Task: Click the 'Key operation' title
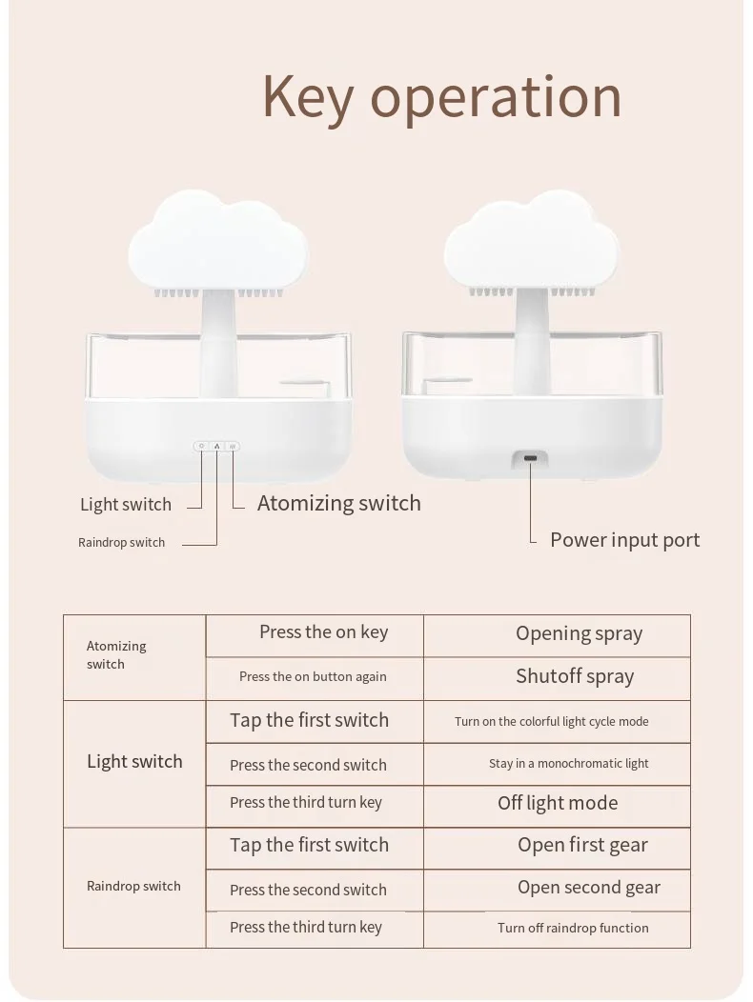(x=441, y=98)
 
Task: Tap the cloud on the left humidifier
(x=218, y=242)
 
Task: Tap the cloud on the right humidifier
(x=532, y=242)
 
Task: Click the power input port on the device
(x=530, y=458)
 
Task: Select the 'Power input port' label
(x=624, y=540)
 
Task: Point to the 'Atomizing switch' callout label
(x=338, y=504)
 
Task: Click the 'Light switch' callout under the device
(x=126, y=505)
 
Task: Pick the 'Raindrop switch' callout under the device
(x=121, y=543)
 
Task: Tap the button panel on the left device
(x=216, y=446)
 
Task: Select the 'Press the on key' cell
(x=323, y=632)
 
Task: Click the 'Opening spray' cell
(x=579, y=634)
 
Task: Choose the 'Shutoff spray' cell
(x=575, y=677)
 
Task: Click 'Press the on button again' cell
(x=313, y=677)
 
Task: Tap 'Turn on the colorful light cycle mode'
(x=551, y=722)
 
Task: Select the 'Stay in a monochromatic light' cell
(x=568, y=764)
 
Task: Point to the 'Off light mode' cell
(x=558, y=804)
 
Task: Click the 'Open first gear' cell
(x=582, y=846)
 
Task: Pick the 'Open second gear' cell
(x=588, y=888)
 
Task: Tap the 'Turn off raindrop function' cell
(x=573, y=929)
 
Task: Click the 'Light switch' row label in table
(x=134, y=762)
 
